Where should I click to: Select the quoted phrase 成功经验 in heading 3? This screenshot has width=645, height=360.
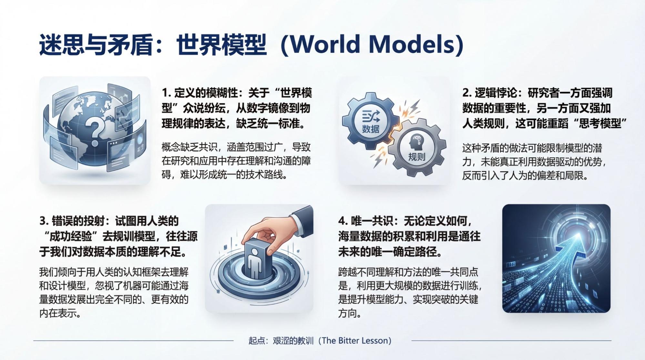pos(71,236)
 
